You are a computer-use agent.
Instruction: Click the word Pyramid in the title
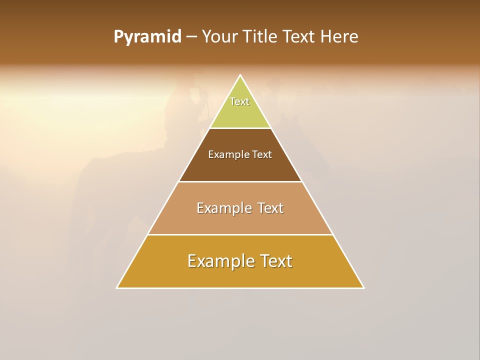pyautogui.click(x=147, y=37)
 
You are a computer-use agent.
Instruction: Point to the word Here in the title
pyautogui.click(x=339, y=37)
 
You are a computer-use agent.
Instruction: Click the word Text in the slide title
pyautogui.click(x=299, y=37)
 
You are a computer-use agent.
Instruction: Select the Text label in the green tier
pyautogui.click(x=239, y=101)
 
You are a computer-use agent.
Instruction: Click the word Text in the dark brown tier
pyautogui.click(x=262, y=155)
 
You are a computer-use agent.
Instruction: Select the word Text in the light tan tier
pyautogui.click(x=270, y=208)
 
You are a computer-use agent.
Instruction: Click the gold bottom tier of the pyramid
pyautogui.click(x=240, y=275)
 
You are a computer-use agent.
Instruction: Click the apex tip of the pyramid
pyautogui.click(x=240, y=76)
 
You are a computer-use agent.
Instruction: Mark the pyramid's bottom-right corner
pyautogui.click(x=363, y=287)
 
